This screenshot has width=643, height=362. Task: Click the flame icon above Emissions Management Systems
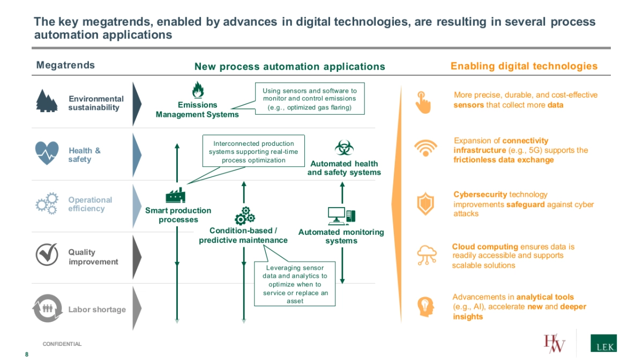pos(198,90)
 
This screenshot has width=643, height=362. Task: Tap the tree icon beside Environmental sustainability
pos(47,100)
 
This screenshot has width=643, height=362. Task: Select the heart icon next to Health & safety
pos(47,153)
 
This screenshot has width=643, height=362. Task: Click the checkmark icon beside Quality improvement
pos(47,254)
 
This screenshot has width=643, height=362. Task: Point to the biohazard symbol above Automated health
pos(342,148)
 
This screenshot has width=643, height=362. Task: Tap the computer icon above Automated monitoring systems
pos(341,216)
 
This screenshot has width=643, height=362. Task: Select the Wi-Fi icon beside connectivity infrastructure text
pos(424,147)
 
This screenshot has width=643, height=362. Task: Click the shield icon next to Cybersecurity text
pos(424,204)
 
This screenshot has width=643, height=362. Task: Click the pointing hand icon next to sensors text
pos(423,102)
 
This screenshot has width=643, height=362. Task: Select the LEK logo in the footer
pos(603,343)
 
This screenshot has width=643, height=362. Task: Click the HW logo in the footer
pos(555,344)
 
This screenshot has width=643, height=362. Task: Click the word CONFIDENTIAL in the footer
pos(62,344)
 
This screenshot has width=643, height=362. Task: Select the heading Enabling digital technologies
pos(524,66)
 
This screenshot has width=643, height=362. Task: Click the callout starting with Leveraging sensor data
pos(295,284)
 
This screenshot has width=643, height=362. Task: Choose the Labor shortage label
pos(97,309)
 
